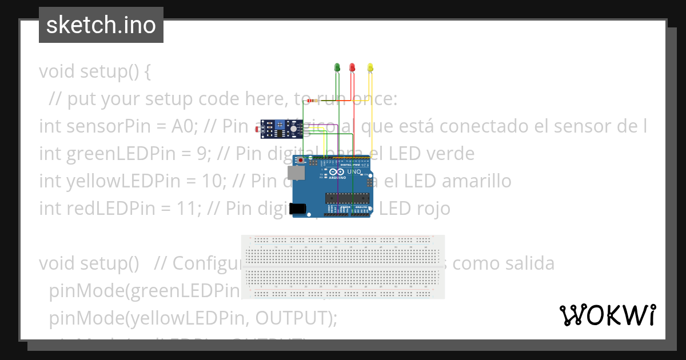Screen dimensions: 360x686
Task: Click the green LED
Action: click(x=337, y=67)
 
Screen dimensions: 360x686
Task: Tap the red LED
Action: click(x=352, y=67)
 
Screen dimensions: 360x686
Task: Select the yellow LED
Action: click(x=370, y=67)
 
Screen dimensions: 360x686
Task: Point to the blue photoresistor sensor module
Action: click(x=280, y=129)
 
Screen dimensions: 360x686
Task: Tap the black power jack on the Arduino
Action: click(x=297, y=209)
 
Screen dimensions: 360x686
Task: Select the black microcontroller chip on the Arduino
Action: click(x=345, y=198)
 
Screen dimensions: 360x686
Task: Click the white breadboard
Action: click(x=343, y=266)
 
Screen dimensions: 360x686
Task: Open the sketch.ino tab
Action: click(x=101, y=25)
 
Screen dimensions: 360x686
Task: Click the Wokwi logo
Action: click(x=607, y=315)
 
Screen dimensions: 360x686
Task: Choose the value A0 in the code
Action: click(x=183, y=126)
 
